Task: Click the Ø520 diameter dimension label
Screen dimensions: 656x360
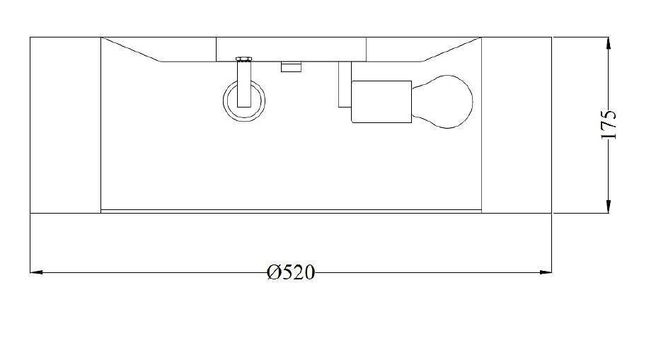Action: (x=291, y=272)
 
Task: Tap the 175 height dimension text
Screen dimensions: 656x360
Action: (x=609, y=124)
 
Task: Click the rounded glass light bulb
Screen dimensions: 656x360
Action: (x=442, y=102)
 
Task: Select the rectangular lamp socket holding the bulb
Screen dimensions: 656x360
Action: (x=381, y=102)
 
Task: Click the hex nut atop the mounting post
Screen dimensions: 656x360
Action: (x=244, y=59)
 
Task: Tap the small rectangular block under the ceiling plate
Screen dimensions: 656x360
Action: (x=292, y=67)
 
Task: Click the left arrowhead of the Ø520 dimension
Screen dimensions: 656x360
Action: (x=36, y=272)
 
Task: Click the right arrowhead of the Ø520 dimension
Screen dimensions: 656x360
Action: (x=546, y=272)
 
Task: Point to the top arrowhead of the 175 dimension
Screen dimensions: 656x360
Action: (x=608, y=43)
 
